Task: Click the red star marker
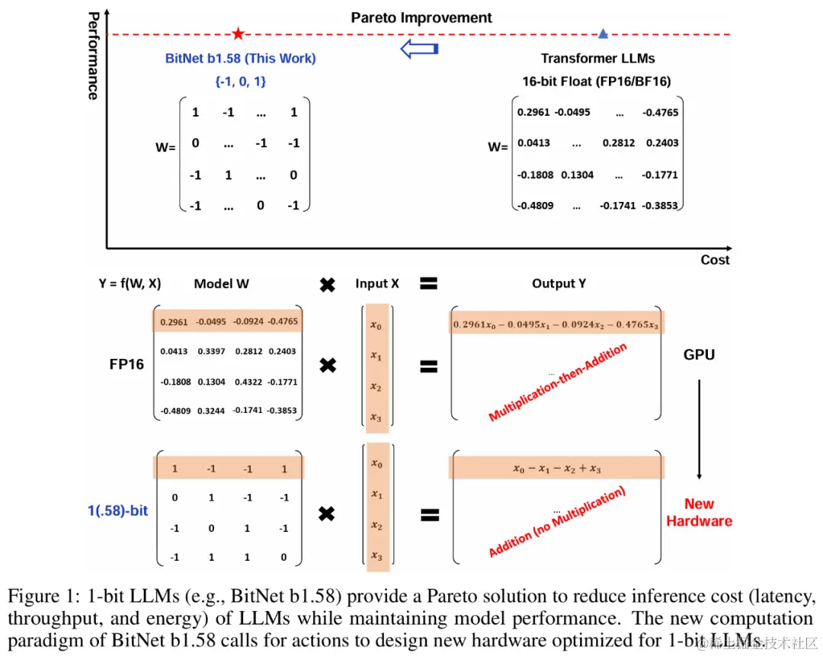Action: click(x=239, y=34)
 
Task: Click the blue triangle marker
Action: click(x=603, y=34)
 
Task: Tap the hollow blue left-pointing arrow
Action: click(x=419, y=50)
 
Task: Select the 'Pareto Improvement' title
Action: click(x=421, y=18)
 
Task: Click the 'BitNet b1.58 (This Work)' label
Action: click(x=240, y=58)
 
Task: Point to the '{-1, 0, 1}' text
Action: click(x=240, y=80)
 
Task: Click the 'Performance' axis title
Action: click(x=93, y=56)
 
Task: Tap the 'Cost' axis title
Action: click(x=715, y=260)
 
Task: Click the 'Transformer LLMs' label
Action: click(x=597, y=59)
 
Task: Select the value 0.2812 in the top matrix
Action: click(x=619, y=142)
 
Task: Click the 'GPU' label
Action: click(x=699, y=354)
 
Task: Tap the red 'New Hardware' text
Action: click(x=699, y=512)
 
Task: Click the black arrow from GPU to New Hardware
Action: click(x=699, y=426)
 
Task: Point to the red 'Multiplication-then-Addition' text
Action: click(x=558, y=382)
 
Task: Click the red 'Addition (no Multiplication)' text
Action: click(x=556, y=523)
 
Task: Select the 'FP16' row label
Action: click(x=126, y=364)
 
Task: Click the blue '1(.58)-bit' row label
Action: click(x=118, y=510)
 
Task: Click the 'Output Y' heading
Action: click(x=559, y=283)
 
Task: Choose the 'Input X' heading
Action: click(x=376, y=283)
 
